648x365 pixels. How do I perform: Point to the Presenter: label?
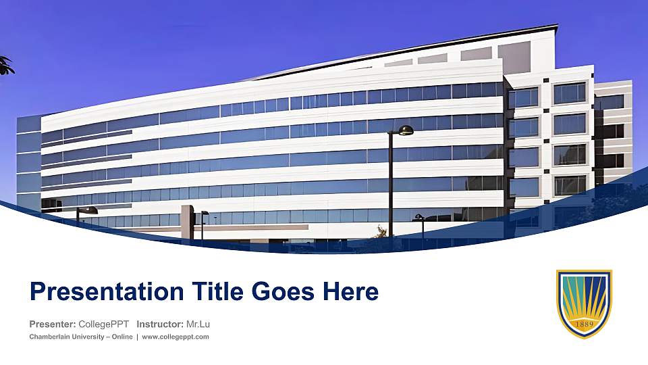(x=52, y=324)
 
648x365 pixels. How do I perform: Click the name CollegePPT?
(x=104, y=324)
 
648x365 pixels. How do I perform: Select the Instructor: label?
(x=159, y=324)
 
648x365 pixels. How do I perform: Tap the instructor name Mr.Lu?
(x=198, y=324)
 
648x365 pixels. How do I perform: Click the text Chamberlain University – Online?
(x=80, y=337)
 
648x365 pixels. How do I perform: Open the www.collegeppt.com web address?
(x=175, y=337)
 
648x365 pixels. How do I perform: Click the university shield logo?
(x=584, y=303)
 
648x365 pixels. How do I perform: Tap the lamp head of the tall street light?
(x=405, y=130)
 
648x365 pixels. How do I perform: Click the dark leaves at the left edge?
(x=5, y=65)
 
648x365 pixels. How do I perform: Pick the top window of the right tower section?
(x=570, y=93)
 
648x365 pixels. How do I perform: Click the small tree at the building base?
(x=382, y=232)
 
